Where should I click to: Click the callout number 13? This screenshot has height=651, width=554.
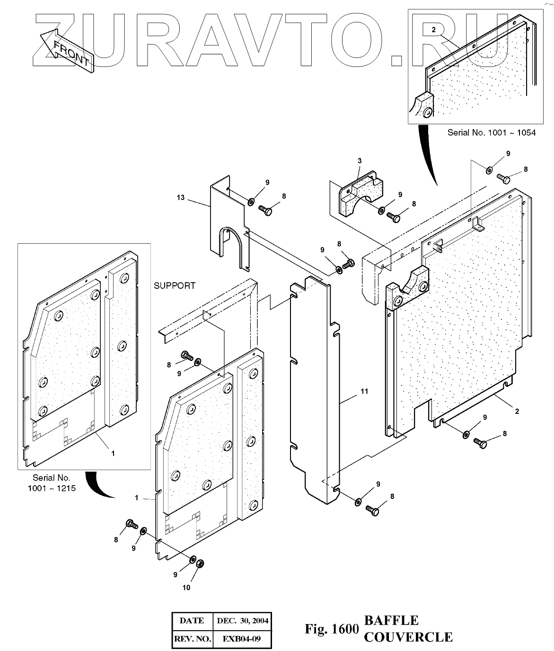[x=181, y=197]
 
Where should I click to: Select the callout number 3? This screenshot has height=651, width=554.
[x=360, y=161]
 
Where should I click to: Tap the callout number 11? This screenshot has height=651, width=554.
[x=364, y=391]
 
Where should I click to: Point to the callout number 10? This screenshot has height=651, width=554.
[x=186, y=587]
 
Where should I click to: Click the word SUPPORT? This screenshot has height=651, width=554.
[x=174, y=286]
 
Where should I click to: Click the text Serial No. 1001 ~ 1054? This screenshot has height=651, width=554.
[x=492, y=133]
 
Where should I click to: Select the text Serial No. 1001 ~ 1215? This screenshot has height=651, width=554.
[x=51, y=483]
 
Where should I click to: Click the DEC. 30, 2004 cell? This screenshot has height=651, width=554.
[x=242, y=620]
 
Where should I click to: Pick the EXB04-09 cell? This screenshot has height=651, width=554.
[x=242, y=639]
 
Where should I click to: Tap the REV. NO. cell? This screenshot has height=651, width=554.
[x=192, y=639]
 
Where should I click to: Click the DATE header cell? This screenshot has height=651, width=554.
[x=192, y=620]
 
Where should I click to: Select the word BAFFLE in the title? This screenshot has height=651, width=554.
[x=391, y=620]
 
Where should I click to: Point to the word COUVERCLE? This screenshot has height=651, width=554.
[x=408, y=637]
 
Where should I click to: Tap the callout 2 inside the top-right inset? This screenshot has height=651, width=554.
[x=433, y=29]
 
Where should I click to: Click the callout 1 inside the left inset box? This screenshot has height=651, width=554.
[x=113, y=453]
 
